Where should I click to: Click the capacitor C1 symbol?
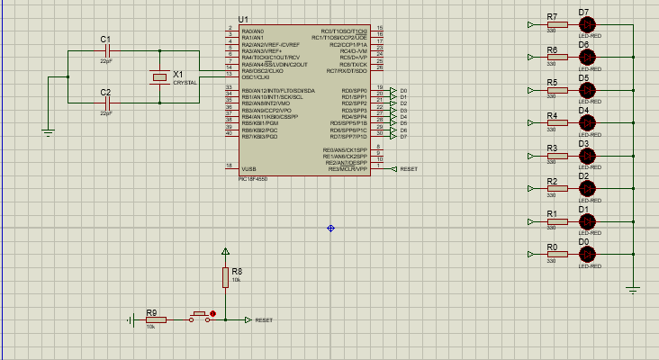click(106, 52)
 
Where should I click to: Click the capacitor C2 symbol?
click(106, 103)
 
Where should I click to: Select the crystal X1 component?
click(160, 77)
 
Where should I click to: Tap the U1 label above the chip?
click(243, 20)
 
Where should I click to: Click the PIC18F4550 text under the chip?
click(252, 178)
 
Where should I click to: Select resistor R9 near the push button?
click(156, 319)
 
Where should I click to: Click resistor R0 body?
click(557, 254)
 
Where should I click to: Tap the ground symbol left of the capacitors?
click(49, 131)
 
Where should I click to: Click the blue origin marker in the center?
click(330, 228)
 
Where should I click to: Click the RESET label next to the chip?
click(408, 169)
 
